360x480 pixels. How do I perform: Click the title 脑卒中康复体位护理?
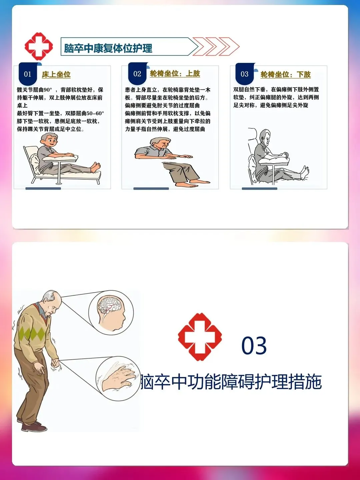pyautogui.click(x=108, y=48)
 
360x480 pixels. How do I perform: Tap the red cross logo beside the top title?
pyautogui.click(x=39, y=46)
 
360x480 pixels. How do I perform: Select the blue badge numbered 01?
pyautogui.click(x=28, y=74)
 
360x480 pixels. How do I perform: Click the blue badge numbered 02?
pyautogui.click(x=137, y=73)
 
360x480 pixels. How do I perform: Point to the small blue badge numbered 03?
pyautogui.click(x=244, y=74)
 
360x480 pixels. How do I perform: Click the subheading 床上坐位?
pyautogui.click(x=56, y=75)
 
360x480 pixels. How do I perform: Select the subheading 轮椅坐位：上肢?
pyautogui.click(x=175, y=74)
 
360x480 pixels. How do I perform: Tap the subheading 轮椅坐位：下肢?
pyautogui.click(x=285, y=75)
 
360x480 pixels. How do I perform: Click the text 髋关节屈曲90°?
pyautogui.click(x=35, y=90)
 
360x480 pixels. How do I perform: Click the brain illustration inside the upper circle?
pyautogui.click(x=110, y=305)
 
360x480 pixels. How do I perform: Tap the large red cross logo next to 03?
pyautogui.click(x=200, y=337)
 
